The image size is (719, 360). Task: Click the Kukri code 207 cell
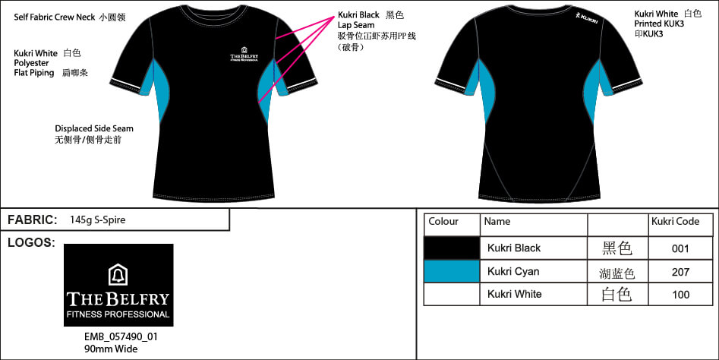680,271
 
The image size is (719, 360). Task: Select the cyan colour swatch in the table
452,271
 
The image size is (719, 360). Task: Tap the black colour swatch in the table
452,248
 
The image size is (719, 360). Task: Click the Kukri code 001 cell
680,248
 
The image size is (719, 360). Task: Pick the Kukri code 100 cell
680,294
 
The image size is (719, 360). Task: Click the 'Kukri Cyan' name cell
513,271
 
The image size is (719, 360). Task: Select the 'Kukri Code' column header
675,222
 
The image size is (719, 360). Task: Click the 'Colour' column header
443,222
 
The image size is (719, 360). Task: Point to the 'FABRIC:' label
33,220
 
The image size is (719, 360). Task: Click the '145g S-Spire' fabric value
97,220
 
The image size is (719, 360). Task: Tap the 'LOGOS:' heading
30,243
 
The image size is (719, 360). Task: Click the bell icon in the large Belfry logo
118,274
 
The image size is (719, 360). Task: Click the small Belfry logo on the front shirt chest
248,55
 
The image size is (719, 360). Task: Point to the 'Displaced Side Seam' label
94,128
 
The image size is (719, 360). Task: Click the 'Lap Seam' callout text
356,25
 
